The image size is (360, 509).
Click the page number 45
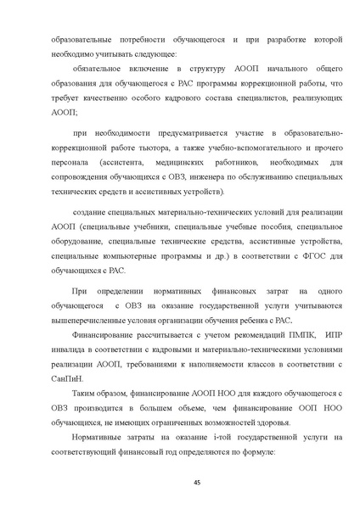(180, 481)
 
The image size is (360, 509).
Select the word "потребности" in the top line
(121, 40)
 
